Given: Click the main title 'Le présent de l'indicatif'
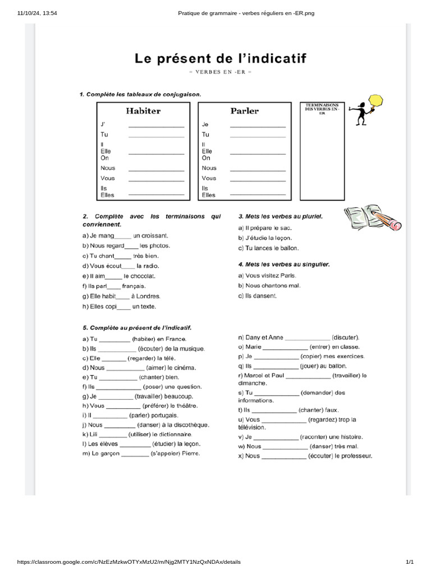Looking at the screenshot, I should tap(219, 59).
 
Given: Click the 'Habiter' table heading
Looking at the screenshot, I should tap(143, 111).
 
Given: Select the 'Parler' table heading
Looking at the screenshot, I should tap(245, 111).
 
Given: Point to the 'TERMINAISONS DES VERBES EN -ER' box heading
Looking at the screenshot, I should tap(322, 108).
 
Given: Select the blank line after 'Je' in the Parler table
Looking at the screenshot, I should tap(258, 126).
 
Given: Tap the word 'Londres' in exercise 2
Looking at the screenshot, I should tap(149, 296).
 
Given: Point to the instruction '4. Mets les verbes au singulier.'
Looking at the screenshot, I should tap(283, 264).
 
